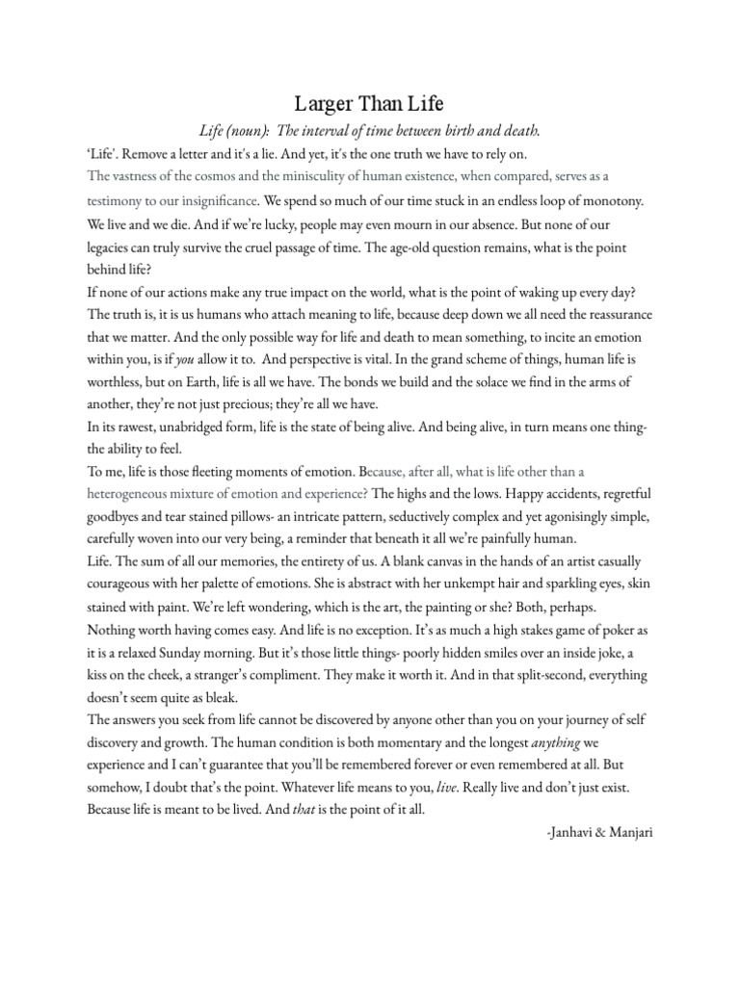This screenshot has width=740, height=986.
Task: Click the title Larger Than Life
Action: (369, 104)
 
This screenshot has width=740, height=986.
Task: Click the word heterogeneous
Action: (138, 495)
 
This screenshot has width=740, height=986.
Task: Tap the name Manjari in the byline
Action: (630, 832)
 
